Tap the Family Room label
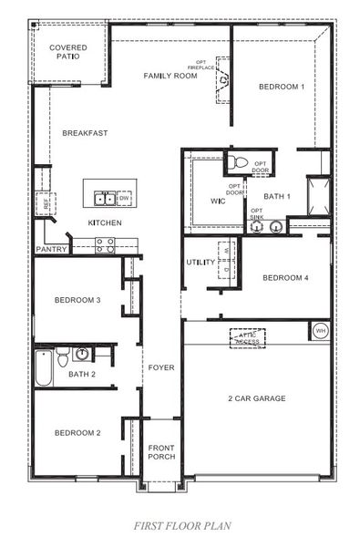[170, 76]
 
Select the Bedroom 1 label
[281, 87]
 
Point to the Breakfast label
[85, 133]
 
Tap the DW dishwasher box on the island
[125, 197]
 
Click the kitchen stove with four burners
[104, 244]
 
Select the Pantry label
[51, 249]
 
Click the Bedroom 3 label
[77, 300]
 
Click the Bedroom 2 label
[77, 432]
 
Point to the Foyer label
[161, 368]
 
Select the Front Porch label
[161, 451]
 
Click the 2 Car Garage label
[257, 398]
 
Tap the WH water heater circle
[320, 330]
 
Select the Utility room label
[200, 263]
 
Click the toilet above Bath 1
[237, 162]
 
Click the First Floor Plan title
[179, 526]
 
